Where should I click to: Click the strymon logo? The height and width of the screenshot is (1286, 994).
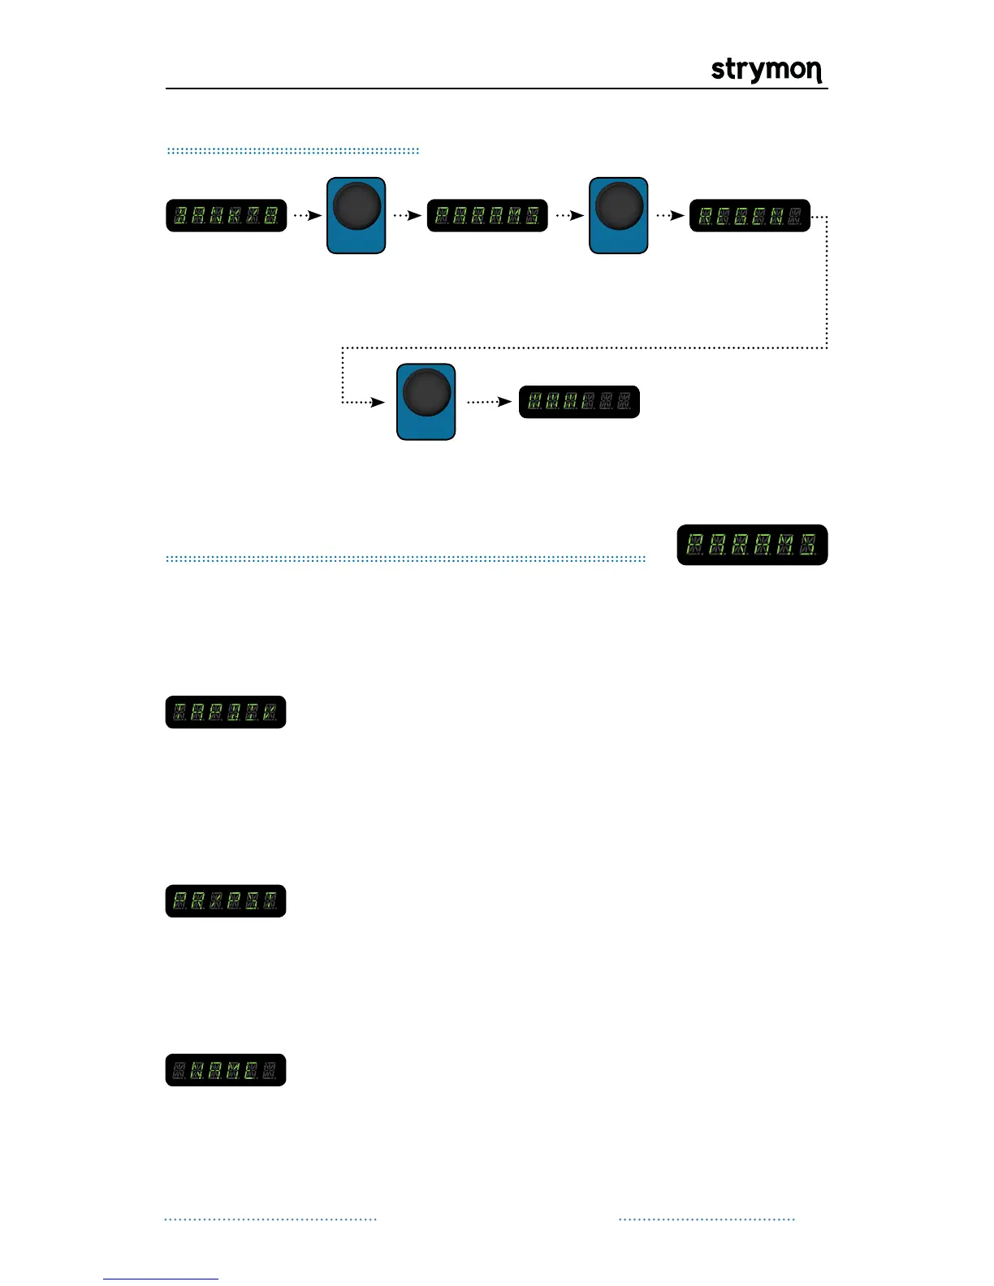pos(767,70)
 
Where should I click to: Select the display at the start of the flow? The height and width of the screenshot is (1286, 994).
pos(227,216)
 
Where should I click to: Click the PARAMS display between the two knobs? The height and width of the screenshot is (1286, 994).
pos(487,216)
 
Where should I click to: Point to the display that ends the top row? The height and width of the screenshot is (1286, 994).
pos(750,216)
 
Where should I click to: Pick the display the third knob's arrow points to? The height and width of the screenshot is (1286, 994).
pos(579,402)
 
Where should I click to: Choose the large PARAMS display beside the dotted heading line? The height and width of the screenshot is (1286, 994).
pos(752,545)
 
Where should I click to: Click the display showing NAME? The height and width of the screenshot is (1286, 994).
pos(226,1070)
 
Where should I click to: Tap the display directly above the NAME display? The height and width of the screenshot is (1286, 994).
pos(226,901)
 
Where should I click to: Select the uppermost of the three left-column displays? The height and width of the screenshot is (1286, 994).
pos(226,712)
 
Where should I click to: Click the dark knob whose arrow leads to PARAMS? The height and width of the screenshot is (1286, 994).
pos(357,205)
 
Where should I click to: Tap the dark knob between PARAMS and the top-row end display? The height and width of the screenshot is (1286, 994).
pos(619,205)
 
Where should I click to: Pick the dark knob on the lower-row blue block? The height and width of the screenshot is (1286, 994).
pos(426,392)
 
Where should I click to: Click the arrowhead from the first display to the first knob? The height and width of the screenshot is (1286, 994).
pos(316,216)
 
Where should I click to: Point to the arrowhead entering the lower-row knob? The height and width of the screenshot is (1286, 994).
pos(378,402)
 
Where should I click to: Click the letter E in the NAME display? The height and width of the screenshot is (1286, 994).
pos(251,1071)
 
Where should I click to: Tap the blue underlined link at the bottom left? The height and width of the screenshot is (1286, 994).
pos(161,1279)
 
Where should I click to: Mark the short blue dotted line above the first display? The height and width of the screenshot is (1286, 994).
pos(292,151)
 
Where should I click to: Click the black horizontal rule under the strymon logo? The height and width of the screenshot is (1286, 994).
pos(496,88)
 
